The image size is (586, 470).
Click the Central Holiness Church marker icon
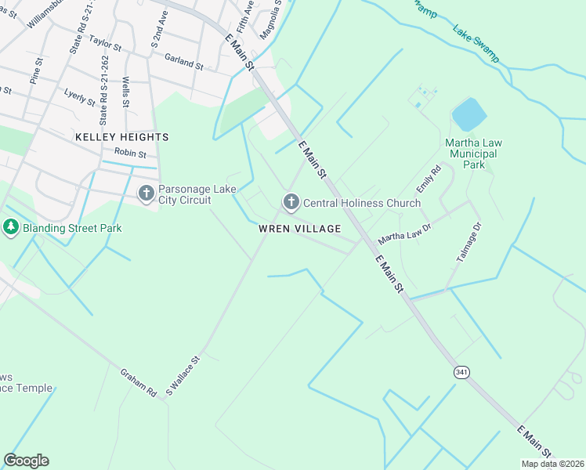click(x=291, y=203)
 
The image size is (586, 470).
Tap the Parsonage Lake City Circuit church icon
click(x=146, y=193)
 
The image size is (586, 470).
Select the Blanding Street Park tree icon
click(x=10, y=228)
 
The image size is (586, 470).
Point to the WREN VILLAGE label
click(x=301, y=229)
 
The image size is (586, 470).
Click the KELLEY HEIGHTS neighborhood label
click(x=121, y=137)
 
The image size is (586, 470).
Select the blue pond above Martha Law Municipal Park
click(x=469, y=114)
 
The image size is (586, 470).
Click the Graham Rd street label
click(x=139, y=381)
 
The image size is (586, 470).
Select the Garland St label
click(x=184, y=63)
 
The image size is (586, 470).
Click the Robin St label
click(x=130, y=153)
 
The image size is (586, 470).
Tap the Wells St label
click(x=125, y=92)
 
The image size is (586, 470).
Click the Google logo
click(x=26, y=461)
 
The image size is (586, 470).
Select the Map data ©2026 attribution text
click(x=552, y=464)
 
